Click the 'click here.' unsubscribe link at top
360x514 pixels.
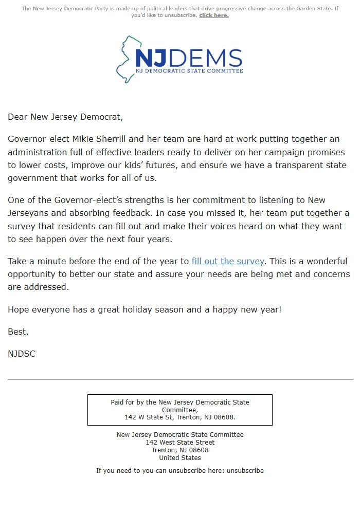[x=213, y=15]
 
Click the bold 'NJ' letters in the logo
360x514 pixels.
[x=149, y=58]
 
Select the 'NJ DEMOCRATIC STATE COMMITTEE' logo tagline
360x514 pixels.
[x=189, y=70]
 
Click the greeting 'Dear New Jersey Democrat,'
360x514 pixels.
[x=65, y=117]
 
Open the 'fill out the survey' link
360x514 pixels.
[x=228, y=261]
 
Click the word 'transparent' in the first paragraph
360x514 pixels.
[x=297, y=165]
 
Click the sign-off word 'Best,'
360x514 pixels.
[x=18, y=332]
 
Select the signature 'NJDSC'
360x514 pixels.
[x=22, y=354]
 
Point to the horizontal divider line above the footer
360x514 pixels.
[x=180, y=379]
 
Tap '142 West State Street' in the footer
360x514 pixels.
[x=180, y=442]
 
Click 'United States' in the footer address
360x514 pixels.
[x=180, y=457]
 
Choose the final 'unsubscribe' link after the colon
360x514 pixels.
[x=245, y=470]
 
